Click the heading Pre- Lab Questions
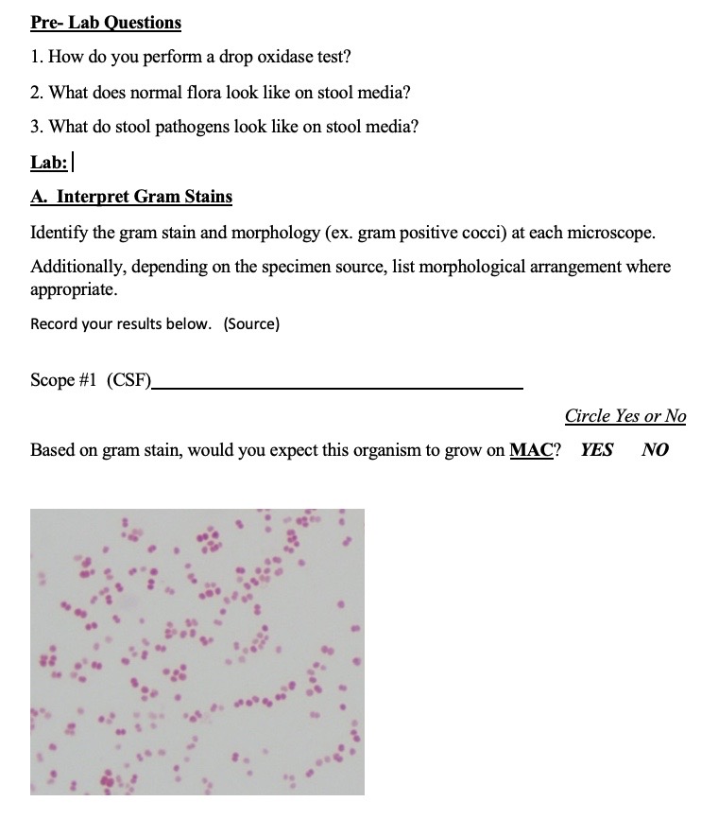point(106,22)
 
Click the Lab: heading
point(49,162)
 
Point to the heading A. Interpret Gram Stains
point(131,197)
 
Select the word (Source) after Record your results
point(251,324)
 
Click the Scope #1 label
point(65,380)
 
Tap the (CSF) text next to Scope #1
point(129,380)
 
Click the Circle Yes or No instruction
point(625,416)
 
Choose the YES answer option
point(596,450)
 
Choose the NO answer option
point(655,450)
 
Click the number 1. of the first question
point(37,57)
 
